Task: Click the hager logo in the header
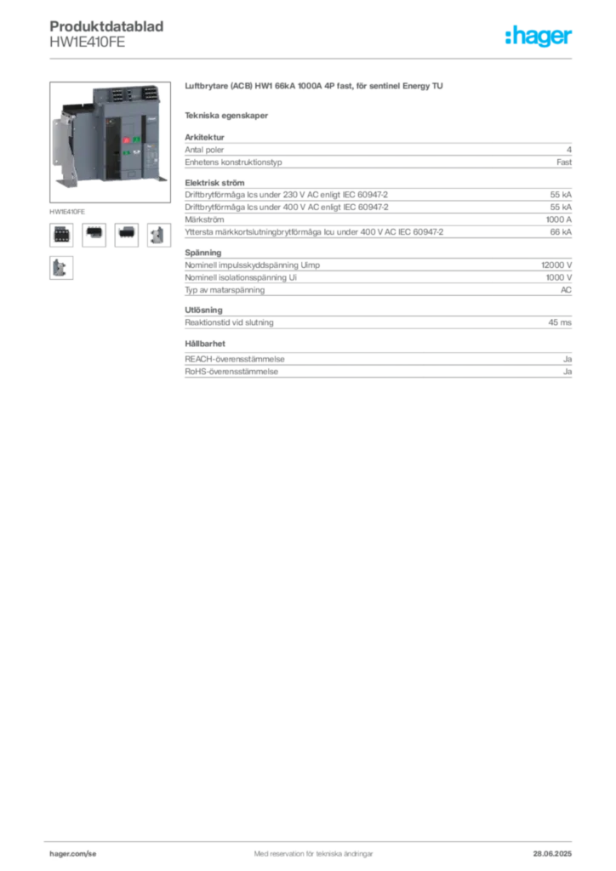coord(538,36)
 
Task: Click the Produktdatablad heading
coord(106,26)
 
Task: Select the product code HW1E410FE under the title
coord(87,43)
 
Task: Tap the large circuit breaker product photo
coord(110,142)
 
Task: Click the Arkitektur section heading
coord(204,137)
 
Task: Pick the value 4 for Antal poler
coord(569,150)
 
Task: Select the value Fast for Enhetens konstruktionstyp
coord(564,162)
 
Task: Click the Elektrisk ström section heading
coord(214,183)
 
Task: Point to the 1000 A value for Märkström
coord(558,219)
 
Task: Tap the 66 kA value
coord(561,231)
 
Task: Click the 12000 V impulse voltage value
coord(556,265)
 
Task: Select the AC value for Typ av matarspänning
coord(566,290)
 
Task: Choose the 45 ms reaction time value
coord(560,322)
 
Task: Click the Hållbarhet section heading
coord(205,344)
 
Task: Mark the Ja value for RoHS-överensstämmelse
coord(568,372)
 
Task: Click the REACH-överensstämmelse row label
coord(234,360)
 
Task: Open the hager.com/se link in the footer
coord(73,854)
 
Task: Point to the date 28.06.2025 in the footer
coord(552,854)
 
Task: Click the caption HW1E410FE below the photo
coord(67,212)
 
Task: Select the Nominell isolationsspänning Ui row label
coord(241,278)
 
